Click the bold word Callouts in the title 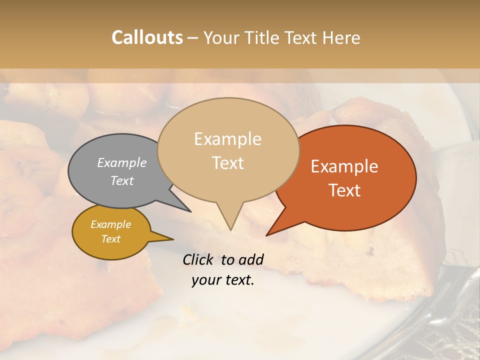147,37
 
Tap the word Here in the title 340,37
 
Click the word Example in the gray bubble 122,162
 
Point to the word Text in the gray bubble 122,180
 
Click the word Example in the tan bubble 227,139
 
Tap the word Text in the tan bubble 228,163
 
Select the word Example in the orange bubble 344,166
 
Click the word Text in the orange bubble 345,190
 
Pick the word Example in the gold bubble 110,224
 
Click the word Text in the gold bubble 110,239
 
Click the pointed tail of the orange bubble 268,234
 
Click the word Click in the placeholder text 199,259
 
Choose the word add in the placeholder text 251,259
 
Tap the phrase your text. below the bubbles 223,280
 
